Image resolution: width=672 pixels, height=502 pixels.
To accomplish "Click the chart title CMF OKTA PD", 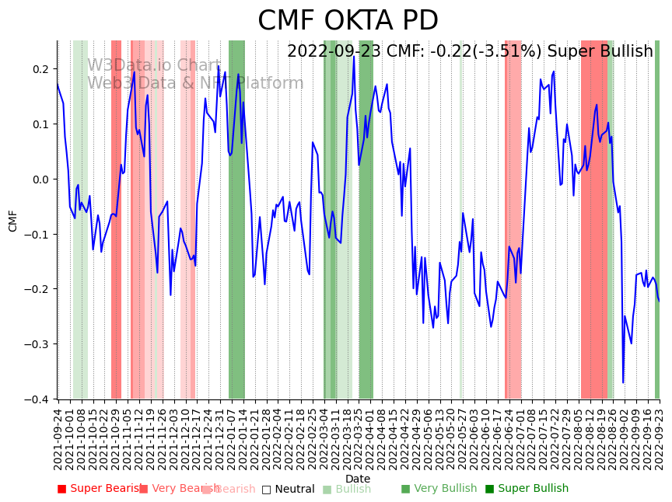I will pos(348,21).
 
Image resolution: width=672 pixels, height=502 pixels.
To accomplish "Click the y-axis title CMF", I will pos(13,220).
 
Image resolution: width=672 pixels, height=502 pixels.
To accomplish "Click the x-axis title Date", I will pos(358,479).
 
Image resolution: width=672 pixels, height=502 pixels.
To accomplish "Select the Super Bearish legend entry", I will pos(98,489).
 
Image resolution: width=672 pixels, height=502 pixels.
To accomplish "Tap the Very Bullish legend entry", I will pos(439,489).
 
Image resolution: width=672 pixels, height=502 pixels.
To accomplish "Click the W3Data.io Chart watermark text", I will pos(154,65).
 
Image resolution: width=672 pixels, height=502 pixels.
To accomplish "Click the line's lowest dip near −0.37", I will pos(623,382).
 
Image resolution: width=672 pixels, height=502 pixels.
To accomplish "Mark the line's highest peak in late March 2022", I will pos(354,56).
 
